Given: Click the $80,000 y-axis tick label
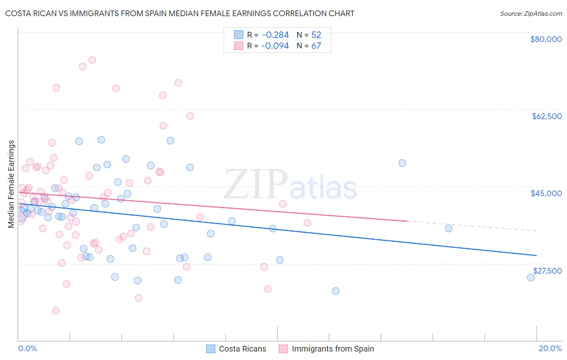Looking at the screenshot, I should point(546,39).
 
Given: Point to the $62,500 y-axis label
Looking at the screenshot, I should point(546,116).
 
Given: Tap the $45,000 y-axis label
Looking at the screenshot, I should point(546,193).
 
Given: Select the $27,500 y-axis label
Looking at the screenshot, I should point(547,271).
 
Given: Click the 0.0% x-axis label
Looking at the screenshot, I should point(27,348).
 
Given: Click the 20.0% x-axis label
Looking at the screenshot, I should point(550,348).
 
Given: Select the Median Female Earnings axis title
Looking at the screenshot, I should point(11,184).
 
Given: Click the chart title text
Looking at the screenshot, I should point(179,13).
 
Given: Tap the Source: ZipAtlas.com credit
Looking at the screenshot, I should point(531,13).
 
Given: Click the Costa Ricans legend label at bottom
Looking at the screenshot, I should point(242,349).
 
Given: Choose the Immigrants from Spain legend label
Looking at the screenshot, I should point(333,349).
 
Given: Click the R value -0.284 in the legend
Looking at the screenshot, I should point(275,35).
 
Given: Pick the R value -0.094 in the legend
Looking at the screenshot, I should point(275,46).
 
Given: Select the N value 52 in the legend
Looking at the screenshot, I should point(316,35).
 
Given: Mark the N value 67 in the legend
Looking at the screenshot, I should point(316,46).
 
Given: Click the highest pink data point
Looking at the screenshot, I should point(92,60).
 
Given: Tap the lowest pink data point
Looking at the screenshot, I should point(56,311).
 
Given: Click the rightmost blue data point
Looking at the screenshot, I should point(531,277).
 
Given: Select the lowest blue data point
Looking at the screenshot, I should point(336,291).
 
